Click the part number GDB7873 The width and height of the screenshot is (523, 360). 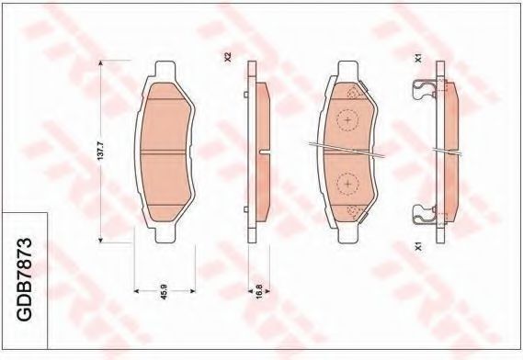click(x=25, y=279)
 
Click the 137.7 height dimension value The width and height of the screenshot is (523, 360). click(x=101, y=152)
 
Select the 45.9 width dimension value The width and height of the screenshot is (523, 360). click(x=164, y=291)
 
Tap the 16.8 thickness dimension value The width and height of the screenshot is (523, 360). click(x=259, y=291)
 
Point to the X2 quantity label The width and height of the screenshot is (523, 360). click(x=228, y=57)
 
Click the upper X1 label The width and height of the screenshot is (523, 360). click(x=418, y=59)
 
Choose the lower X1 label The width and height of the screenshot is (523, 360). click(x=418, y=247)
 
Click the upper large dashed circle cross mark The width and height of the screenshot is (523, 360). click(x=347, y=120)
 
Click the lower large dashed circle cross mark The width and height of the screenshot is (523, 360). click(x=347, y=184)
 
